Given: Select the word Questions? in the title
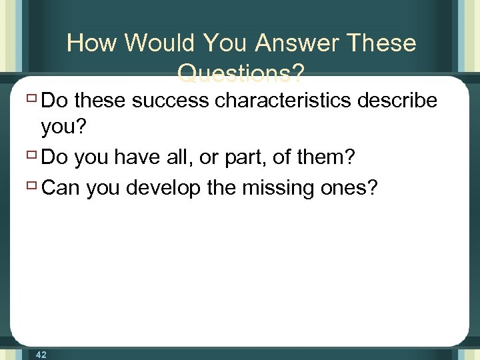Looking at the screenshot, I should pos(241,72).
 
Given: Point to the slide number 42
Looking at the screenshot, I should pos(41,355).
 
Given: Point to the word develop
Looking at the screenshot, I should pos(163,189).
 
